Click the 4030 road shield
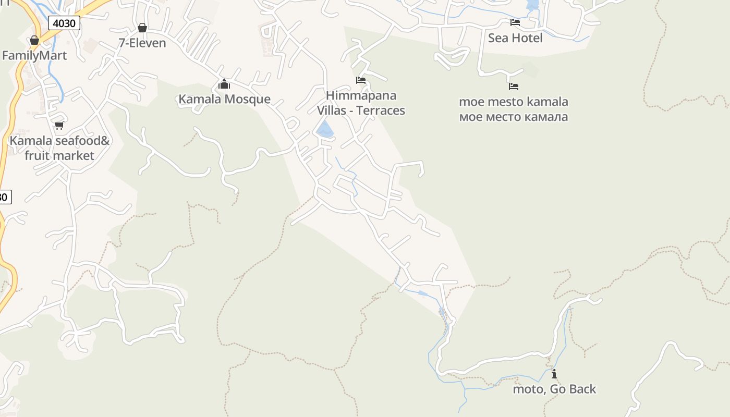click(64, 23)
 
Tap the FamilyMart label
click(34, 55)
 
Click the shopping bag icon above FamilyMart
click(34, 40)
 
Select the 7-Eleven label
click(142, 43)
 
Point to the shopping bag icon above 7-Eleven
click(142, 28)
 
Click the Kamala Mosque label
click(224, 99)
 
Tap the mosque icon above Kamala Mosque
click(224, 84)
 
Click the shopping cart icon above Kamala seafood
click(59, 125)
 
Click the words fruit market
click(59, 155)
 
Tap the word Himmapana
click(361, 95)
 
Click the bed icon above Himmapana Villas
click(361, 80)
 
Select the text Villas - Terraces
click(361, 111)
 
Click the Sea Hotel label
click(515, 38)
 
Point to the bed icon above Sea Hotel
click(515, 22)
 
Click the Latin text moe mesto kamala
click(514, 102)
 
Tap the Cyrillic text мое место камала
click(514, 117)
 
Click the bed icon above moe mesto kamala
click(514, 87)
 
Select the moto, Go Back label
click(554, 389)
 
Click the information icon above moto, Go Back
click(554, 374)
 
